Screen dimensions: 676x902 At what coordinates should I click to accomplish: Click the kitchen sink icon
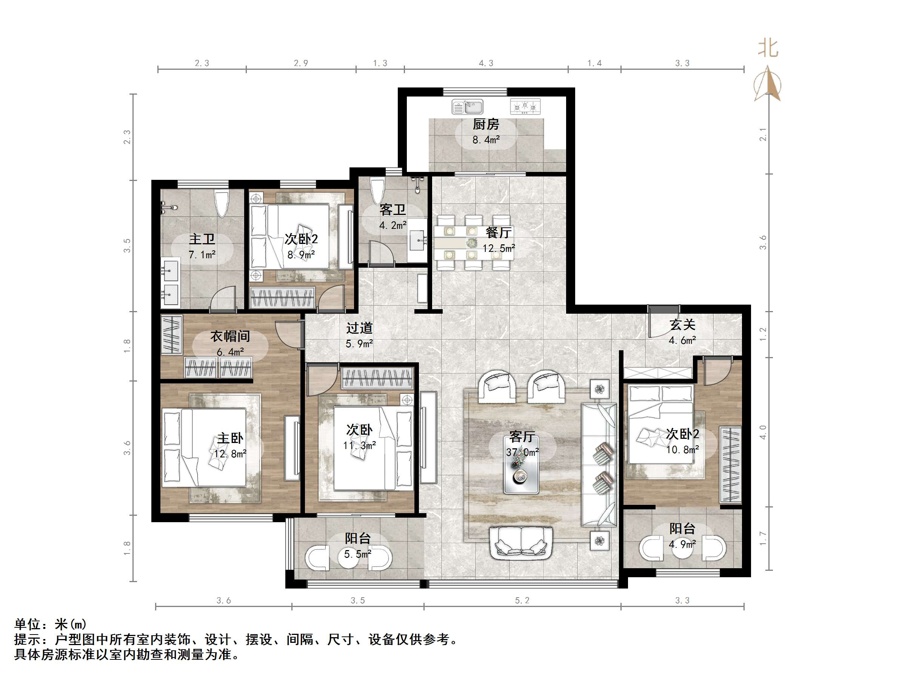[x=467, y=107]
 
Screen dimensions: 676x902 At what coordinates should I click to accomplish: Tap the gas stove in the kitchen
[x=525, y=106]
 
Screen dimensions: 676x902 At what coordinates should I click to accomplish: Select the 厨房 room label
[x=486, y=124]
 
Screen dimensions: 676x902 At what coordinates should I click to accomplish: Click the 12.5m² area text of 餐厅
[x=498, y=248]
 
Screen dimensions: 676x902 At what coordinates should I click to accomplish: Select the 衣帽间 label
[x=230, y=336]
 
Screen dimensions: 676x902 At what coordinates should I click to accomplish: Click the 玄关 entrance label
[x=682, y=325]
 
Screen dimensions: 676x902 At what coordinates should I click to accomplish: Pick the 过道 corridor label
[x=359, y=328]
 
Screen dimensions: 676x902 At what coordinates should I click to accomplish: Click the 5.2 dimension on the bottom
[x=522, y=600]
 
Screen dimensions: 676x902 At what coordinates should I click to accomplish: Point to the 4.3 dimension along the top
[x=486, y=63]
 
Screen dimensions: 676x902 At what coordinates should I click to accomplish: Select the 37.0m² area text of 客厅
[x=522, y=452]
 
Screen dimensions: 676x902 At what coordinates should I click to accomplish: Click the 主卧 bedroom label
[x=230, y=438]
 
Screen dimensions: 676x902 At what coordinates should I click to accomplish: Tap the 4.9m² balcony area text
[x=682, y=544]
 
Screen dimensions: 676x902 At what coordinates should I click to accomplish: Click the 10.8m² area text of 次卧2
[x=682, y=450]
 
